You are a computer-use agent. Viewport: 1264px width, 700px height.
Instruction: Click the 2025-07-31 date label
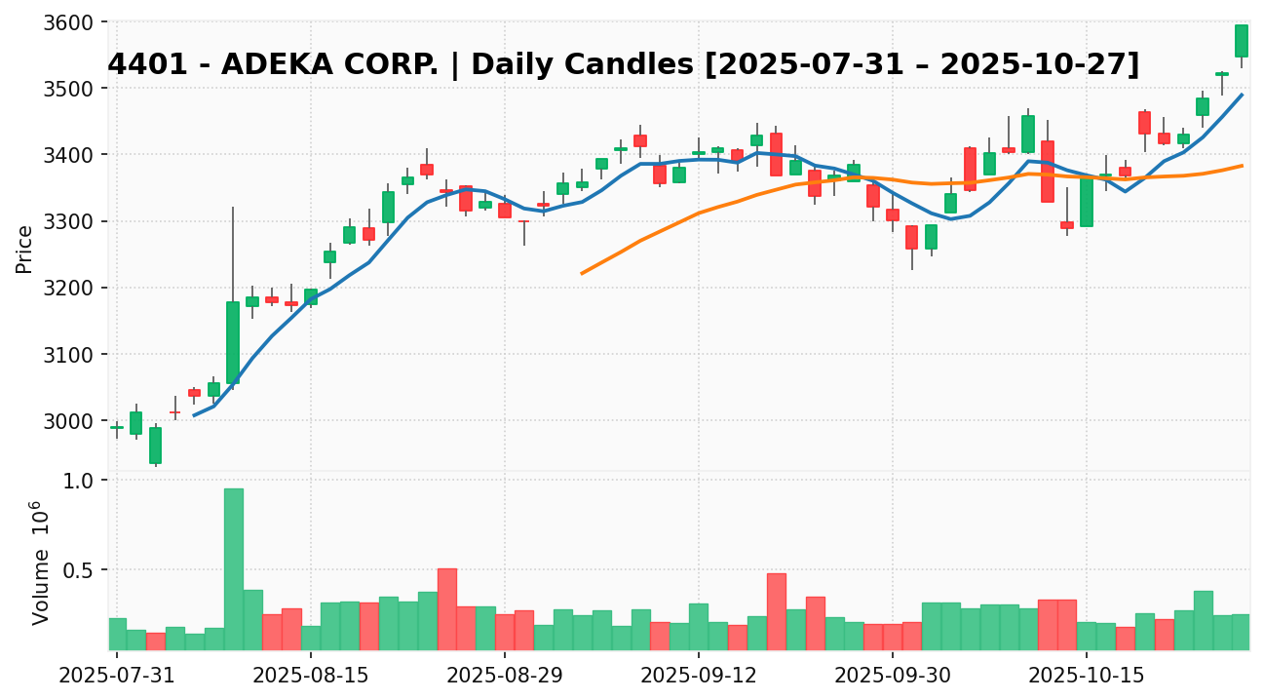click(117, 674)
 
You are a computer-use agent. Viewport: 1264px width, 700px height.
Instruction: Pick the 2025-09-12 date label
click(699, 674)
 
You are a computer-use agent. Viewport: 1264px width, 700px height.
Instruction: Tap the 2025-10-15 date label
click(1086, 674)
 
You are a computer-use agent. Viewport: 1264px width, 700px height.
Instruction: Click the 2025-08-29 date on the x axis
click(505, 674)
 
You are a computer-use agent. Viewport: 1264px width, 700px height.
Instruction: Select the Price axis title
click(25, 250)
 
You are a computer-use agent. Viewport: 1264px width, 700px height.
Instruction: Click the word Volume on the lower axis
click(41, 586)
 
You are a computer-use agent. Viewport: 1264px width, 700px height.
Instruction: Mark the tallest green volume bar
click(233, 568)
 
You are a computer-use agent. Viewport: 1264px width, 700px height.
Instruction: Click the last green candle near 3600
click(1241, 41)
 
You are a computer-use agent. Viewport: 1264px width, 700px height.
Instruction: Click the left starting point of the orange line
click(582, 273)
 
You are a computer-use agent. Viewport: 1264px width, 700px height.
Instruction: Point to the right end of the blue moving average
click(1242, 95)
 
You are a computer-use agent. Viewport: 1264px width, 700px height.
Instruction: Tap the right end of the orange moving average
click(1242, 166)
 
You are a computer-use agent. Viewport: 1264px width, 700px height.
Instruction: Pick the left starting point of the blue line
click(194, 415)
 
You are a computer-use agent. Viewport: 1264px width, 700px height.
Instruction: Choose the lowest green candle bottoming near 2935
click(155, 445)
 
